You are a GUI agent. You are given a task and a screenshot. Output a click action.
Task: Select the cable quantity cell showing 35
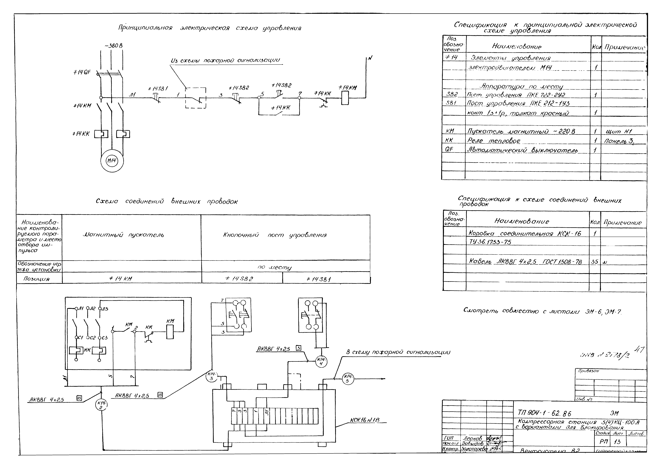pos(595,262)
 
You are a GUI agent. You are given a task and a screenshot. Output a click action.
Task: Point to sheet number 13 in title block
pos(617,442)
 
